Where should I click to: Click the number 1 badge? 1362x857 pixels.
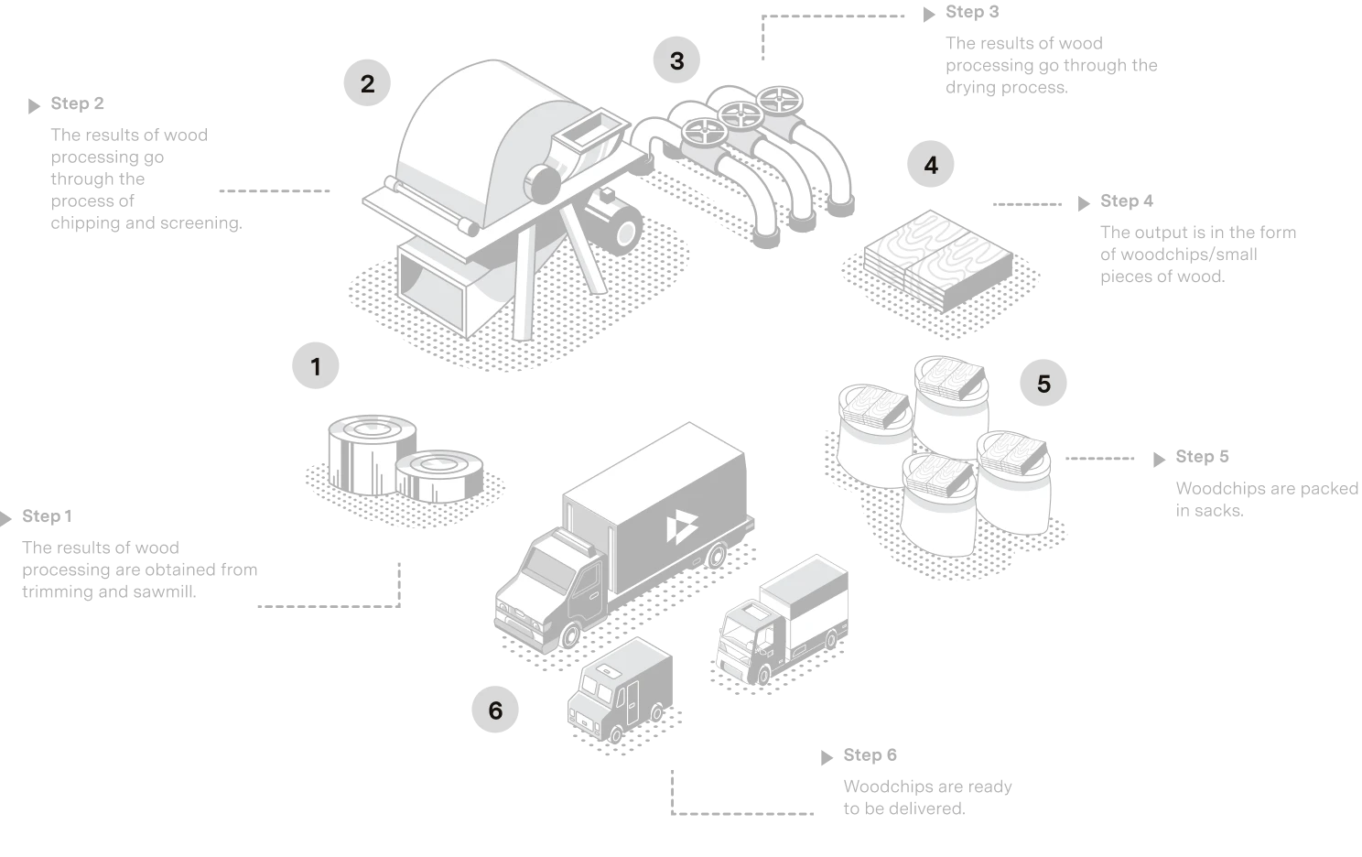tap(316, 367)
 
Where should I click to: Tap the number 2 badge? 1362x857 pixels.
tap(367, 84)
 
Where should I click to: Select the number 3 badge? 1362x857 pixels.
tap(676, 62)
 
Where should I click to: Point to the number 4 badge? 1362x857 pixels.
tap(931, 166)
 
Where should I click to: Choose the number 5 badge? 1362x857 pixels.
tap(1044, 384)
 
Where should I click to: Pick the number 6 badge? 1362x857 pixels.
tap(495, 711)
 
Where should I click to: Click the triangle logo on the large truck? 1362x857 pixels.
tap(678, 529)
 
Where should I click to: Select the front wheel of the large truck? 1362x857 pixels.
tap(570, 635)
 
